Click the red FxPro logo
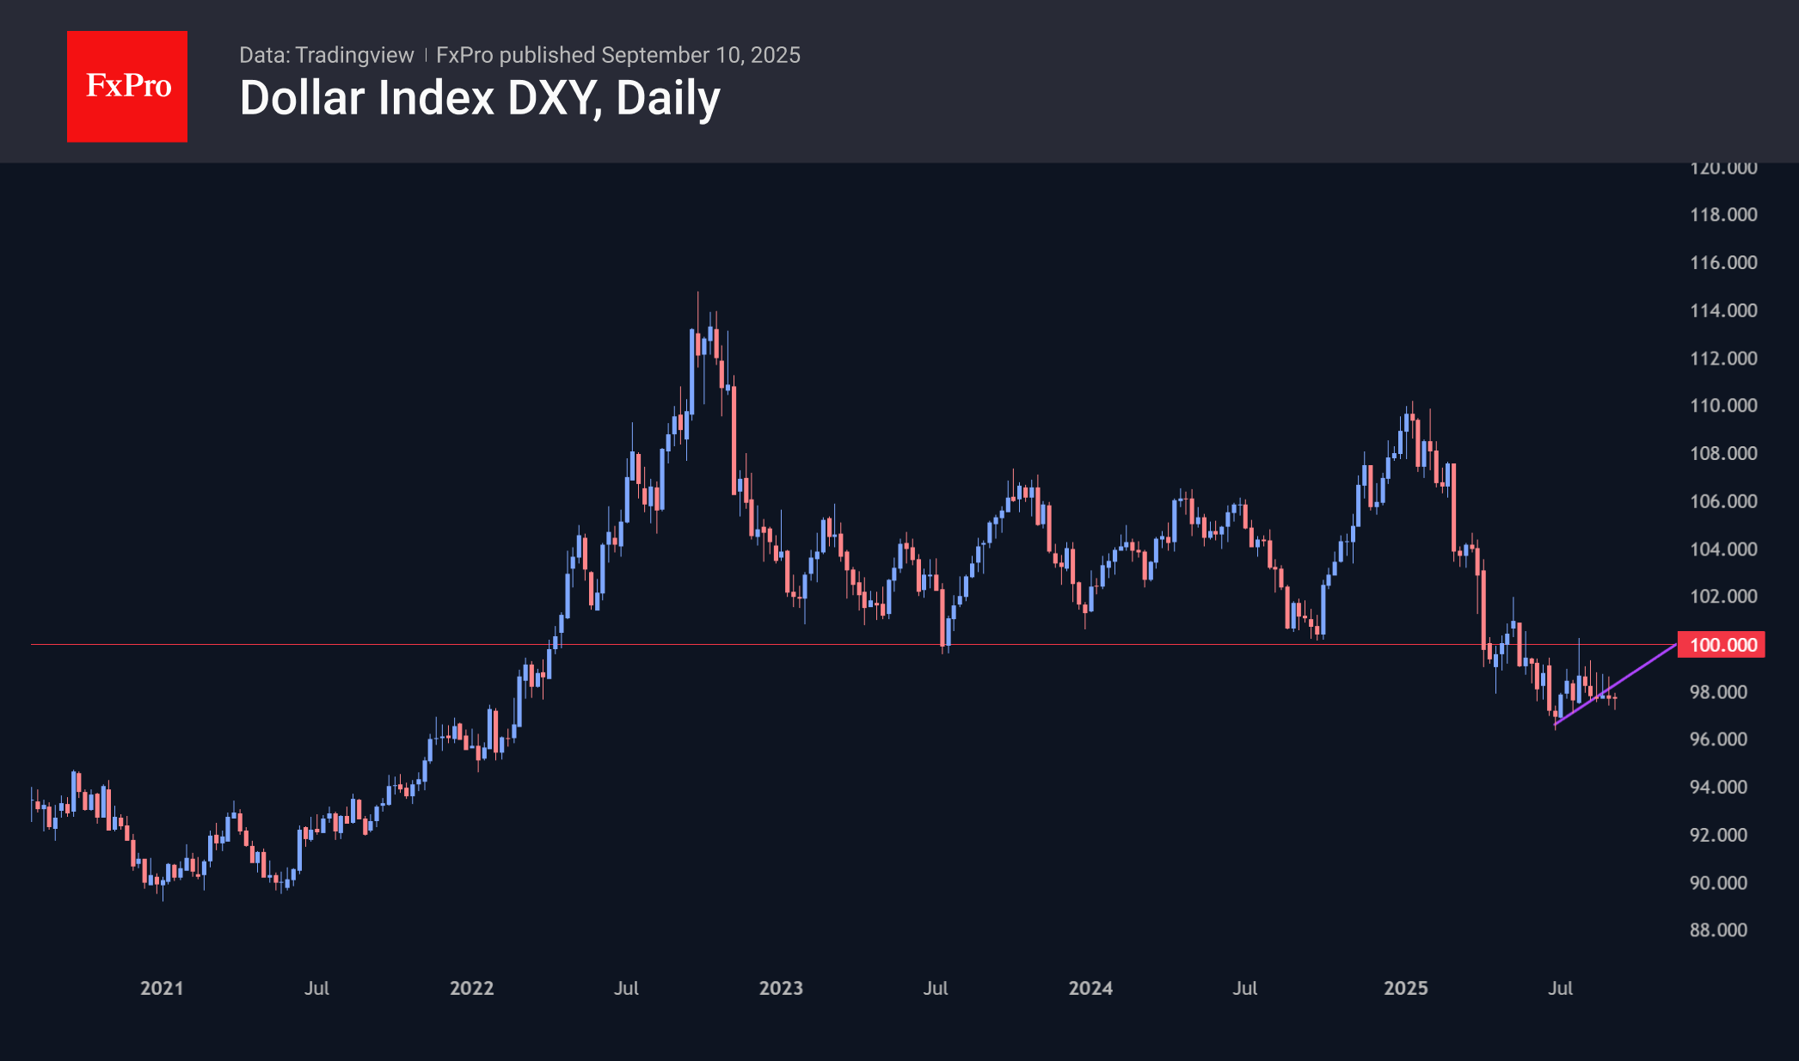tap(127, 86)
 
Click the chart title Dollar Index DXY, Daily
tap(480, 98)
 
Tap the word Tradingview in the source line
tap(354, 55)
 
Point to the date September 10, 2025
tap(701, 55)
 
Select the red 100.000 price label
tap(1722, 645)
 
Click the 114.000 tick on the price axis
tap(1723, 310)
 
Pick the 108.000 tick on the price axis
tap(1723, 453)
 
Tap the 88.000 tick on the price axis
tap(1718, 930)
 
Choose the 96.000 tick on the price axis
tap(1718, 739)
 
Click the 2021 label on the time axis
tap(162, 988)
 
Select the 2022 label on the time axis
tap(471, 988)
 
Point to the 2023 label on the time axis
tap(781, 988)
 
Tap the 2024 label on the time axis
tap(1090, 988)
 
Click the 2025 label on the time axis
tap(1406, 988)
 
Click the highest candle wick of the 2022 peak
tap(697, 297)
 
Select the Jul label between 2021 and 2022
tap(316, 988)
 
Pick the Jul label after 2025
tap(1560, 988)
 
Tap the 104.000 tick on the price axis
tap(1723, 549)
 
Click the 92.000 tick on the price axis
tap(1718, 835)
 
